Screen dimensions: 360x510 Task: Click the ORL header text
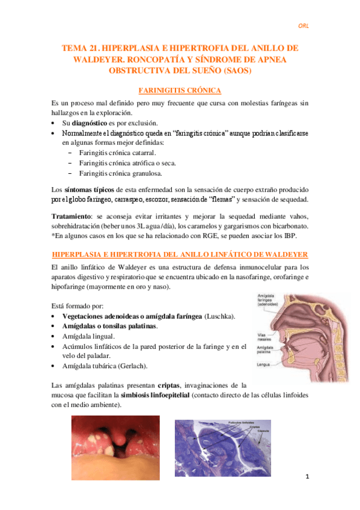point(305,25)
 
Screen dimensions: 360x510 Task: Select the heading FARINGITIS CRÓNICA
point(180,90)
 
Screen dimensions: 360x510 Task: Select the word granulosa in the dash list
point(144,173)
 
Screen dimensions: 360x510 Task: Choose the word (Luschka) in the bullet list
point(220,316)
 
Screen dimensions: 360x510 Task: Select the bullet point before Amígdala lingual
point(55,336)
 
